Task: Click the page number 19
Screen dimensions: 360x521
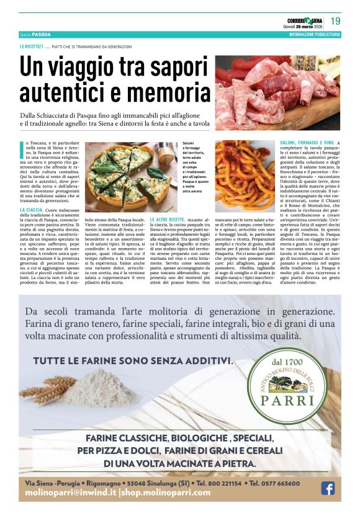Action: [335, 21]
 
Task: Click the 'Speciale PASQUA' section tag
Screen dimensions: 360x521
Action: [35, 35]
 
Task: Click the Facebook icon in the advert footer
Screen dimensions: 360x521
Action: [327, 488]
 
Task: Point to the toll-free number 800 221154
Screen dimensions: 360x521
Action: [218, 483]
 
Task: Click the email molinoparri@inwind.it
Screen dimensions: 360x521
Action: [70, 492]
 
